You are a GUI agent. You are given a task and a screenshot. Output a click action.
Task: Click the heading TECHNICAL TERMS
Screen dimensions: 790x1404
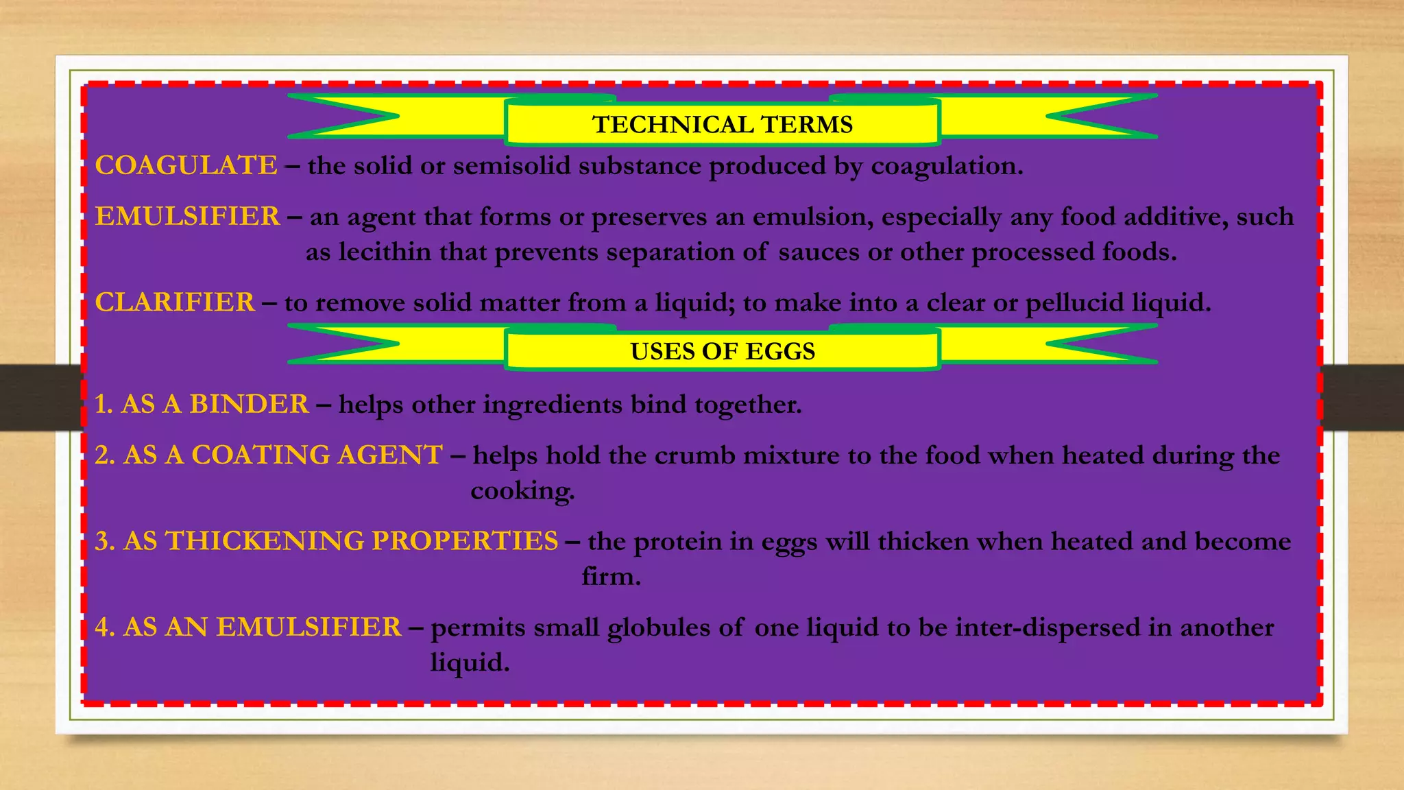[x=723, y=125]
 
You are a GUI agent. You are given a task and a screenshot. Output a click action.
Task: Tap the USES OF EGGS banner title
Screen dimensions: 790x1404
[x=723, y=351]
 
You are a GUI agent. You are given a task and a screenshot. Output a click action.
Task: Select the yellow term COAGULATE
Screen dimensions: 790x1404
[x=186, y=165]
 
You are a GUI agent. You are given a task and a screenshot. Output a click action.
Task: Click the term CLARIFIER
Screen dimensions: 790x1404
[x=175, y=302]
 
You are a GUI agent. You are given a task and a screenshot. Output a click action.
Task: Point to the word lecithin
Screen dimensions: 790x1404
[x=385, y=252]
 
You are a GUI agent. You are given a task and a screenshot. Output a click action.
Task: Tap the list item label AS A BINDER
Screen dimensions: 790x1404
[x=215, y=404]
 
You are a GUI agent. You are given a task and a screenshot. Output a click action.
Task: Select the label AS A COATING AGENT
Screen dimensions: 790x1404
[x=282, y=455]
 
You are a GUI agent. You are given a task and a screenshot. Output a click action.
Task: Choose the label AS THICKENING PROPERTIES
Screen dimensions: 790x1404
[x=341, y=541]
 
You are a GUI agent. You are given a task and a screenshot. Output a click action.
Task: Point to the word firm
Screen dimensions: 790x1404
[x=611, y=576]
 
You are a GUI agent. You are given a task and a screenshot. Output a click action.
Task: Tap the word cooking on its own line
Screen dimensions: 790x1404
[x=522, y=491]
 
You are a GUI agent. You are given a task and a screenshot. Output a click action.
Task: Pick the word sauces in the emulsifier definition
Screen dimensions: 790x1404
[x=819, y=252]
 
